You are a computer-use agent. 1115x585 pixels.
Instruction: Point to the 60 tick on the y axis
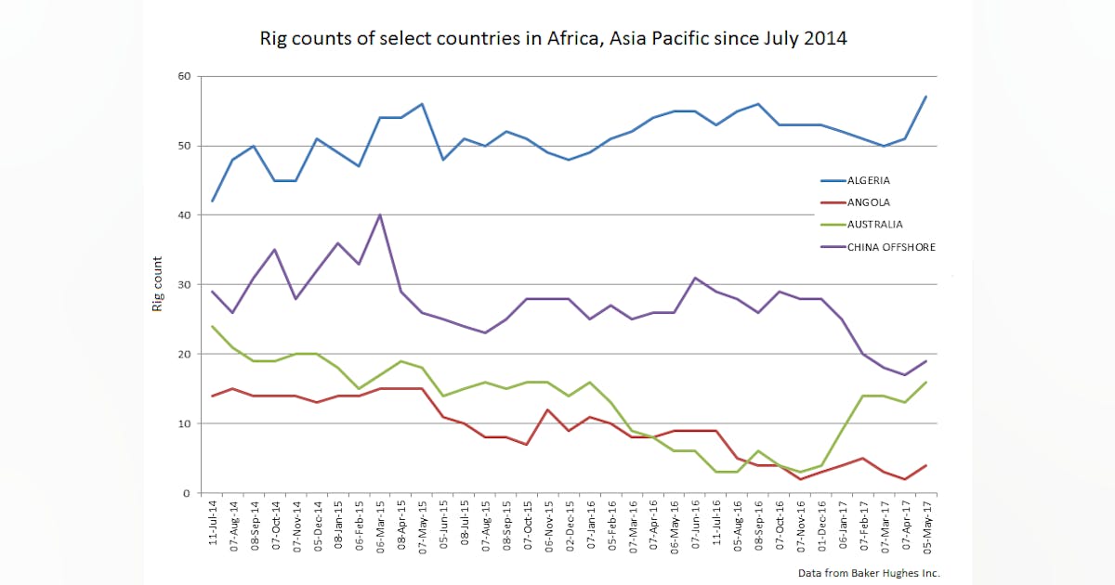click(184, 76)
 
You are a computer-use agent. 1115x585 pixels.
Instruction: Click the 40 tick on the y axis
click(184, 215)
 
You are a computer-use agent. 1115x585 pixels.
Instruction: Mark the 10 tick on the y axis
click(184, 423)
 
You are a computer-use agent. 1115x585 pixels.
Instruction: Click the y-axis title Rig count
click(158, 283)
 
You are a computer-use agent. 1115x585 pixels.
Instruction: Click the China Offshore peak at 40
click(379, 215)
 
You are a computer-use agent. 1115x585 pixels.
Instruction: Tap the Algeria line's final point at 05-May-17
click(925, 97)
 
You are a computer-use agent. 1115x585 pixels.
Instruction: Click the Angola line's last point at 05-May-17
click(925, 465)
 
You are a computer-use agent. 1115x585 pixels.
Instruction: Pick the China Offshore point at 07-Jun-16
click(695, 278)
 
